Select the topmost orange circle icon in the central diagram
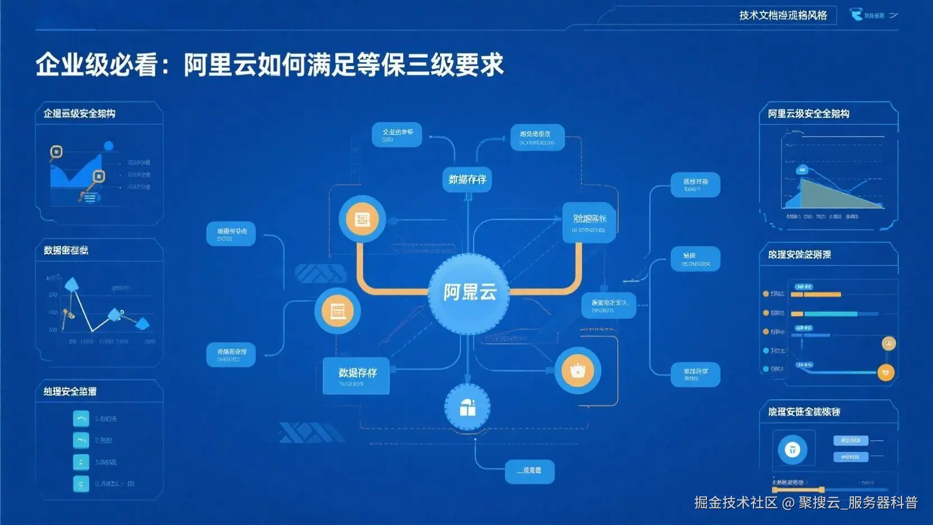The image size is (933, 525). (x=362, y=219)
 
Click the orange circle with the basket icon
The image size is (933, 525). (x=578, y=371)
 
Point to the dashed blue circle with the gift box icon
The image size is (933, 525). (x=467, y=408)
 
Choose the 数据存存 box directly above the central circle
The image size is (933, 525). (x=467, y=179)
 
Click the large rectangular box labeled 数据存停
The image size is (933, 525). (x=357, y=375)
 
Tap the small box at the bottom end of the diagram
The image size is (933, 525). (x=529, y=471)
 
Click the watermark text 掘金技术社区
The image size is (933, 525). (x=736, y=503)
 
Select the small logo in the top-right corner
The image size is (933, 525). (x=857, y=15)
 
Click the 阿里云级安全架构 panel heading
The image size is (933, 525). (x=808, y=114)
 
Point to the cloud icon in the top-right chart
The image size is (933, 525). (x=802, y=169)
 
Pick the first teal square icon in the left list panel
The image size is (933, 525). (x=81, y=418)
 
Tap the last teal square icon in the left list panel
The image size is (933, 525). (x=81, y=483)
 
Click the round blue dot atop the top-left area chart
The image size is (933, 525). (x=109, y=146)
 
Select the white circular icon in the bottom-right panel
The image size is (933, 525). (x=792, y=449)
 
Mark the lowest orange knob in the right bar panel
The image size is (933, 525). (x=886, y=372)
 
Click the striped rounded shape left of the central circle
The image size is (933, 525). (x=320, y=273)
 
